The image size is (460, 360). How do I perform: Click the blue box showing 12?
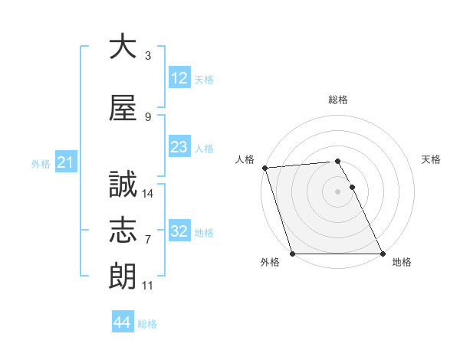coord(179,78)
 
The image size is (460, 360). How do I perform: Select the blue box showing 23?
coord(179,147)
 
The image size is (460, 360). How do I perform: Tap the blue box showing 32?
coord(179,231)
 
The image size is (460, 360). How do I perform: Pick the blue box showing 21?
coord(65,162)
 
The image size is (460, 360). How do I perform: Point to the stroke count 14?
coord(148,194)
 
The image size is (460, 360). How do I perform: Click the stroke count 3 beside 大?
coord(148,56)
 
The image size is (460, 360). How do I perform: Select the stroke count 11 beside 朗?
coord(148,286)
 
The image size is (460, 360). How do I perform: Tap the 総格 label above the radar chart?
coord(338,100)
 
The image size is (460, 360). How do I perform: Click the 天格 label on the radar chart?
coord(431,159)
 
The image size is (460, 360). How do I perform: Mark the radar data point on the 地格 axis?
coord(383,254)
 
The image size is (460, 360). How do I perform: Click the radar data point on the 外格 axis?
coord(292,254)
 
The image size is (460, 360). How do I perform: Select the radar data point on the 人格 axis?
coord(264,168)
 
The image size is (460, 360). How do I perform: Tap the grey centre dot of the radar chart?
coord(337,191)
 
